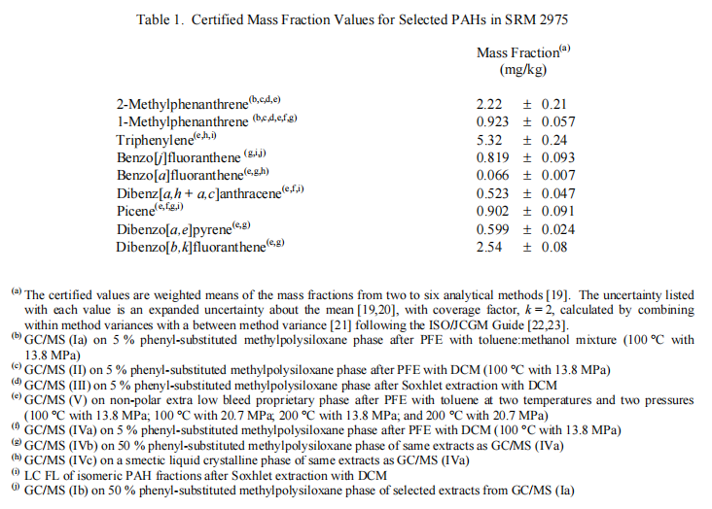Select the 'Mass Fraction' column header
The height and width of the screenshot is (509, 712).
(516, 52)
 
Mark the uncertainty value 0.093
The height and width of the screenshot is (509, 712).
(559, 158)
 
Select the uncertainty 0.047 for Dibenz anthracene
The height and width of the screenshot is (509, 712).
(559, 193)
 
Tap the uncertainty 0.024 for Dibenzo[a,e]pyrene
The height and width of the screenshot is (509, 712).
(559, 229)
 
